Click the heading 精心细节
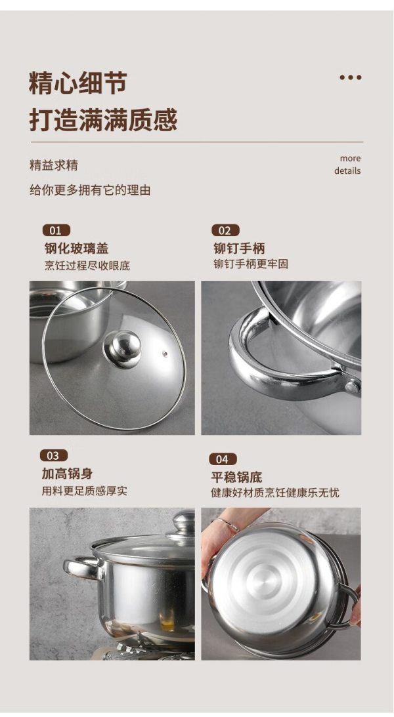point(77,83)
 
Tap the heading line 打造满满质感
point(103,120)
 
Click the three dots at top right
point(351,77)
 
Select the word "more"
point(350,158)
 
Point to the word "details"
point(347,171)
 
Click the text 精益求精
point(54,165)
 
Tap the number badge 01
point(56,230)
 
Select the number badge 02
point(225,230)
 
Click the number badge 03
point(54,455)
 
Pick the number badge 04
point(223,459)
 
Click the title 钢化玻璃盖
point(76,249)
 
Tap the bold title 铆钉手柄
point(239,249)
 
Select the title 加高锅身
point(67,474)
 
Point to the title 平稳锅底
point(236,478)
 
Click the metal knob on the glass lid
point(122,348)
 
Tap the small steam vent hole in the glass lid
point(165,354)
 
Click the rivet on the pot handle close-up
point(352,387)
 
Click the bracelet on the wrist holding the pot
point(229,524)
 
